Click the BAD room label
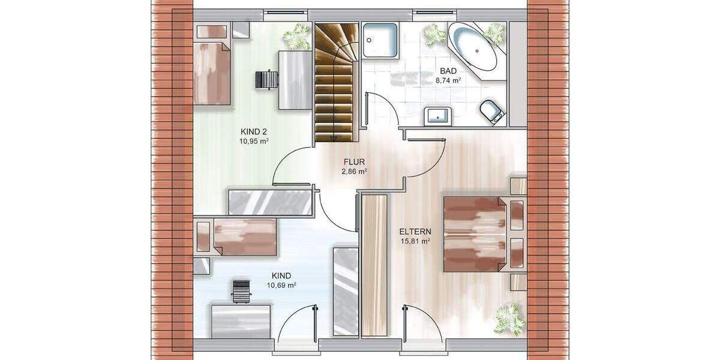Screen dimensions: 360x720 coord(449,70)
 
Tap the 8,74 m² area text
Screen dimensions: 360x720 coord(448,80)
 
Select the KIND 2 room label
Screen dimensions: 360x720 coord(254,131)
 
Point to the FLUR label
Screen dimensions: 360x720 coord(354,162)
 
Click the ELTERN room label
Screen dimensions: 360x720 coord(414,232)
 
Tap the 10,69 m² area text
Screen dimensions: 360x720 coord(281,285)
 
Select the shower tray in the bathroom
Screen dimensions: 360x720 coord(380,41)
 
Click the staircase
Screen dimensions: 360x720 coord(334,84)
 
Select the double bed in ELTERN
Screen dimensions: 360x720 coord(477,233)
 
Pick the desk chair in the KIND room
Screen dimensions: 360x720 coord(241,292)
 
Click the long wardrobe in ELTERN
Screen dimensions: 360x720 coord(375,264)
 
